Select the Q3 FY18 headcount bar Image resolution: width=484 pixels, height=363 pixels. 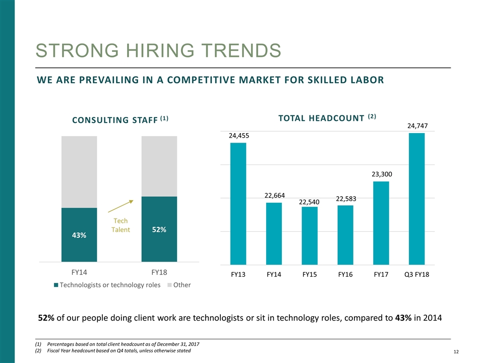(x=416, y=199)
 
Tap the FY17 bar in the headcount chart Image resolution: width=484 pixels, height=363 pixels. (x=381, y=223)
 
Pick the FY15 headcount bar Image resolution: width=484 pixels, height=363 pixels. (x=310, y=235)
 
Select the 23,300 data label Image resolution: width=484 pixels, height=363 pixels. (x=382, y=174)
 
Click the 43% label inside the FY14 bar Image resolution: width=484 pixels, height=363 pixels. (x=79, y=235)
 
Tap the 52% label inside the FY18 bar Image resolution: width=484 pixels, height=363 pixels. (x=159, y=229)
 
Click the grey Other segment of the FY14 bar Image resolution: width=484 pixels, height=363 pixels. (x=79, y=171)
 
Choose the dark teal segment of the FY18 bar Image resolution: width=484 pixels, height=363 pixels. (x=159, y=242)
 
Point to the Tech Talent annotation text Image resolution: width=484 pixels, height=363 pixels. (x=120, y=225)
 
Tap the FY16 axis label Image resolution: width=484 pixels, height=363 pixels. (x=345, y=276)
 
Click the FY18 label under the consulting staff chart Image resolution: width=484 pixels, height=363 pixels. (x=159, y=272)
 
